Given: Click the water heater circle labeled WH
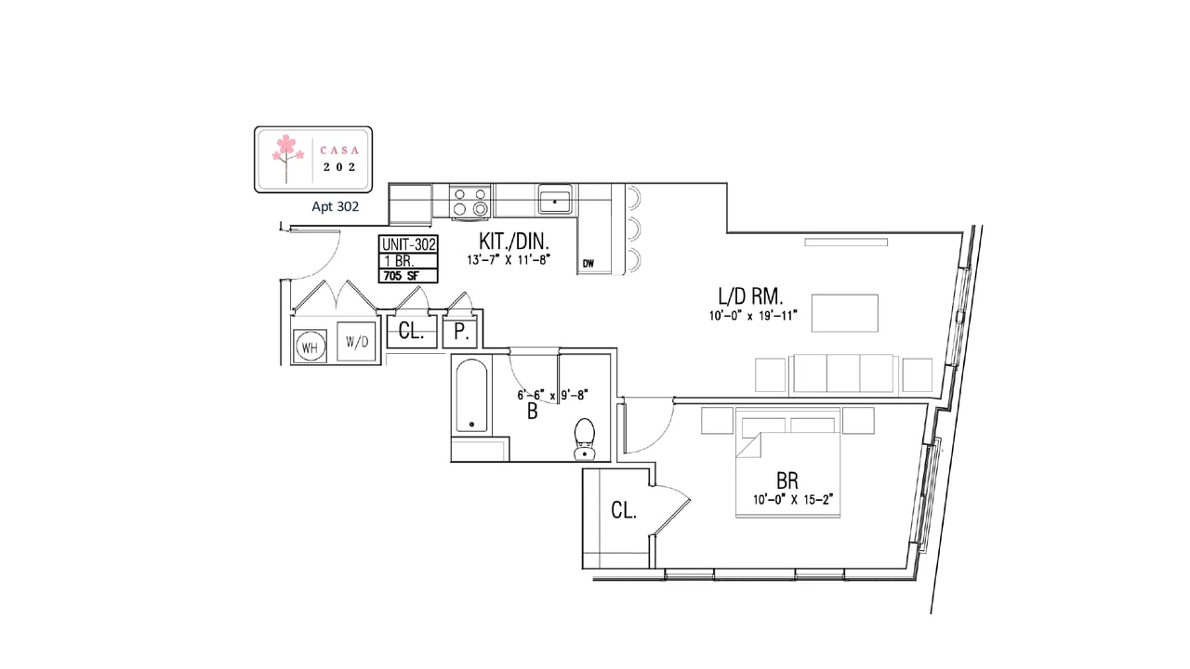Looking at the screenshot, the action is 310,347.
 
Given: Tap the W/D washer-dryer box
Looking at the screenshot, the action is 356,341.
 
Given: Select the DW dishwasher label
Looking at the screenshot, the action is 588,263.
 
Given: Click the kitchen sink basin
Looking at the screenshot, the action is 555,201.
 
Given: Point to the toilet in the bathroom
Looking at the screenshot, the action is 585,439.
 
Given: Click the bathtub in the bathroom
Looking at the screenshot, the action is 471,396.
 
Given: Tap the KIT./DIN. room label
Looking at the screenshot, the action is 514,242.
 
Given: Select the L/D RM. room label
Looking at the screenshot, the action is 750,296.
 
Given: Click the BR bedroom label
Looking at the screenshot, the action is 787,481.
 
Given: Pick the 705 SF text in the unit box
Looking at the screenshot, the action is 402,276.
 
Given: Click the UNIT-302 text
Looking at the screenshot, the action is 408,244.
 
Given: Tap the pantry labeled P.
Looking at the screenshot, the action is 461,332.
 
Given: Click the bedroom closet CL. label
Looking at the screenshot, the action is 624,510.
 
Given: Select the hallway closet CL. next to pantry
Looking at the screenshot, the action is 411,332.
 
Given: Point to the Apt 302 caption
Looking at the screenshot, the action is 336,206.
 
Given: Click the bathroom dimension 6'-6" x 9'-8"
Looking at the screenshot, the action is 552,396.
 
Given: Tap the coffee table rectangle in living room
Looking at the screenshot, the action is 845,313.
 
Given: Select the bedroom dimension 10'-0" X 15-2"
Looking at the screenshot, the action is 793,500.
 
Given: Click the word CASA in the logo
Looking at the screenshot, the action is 339,151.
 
